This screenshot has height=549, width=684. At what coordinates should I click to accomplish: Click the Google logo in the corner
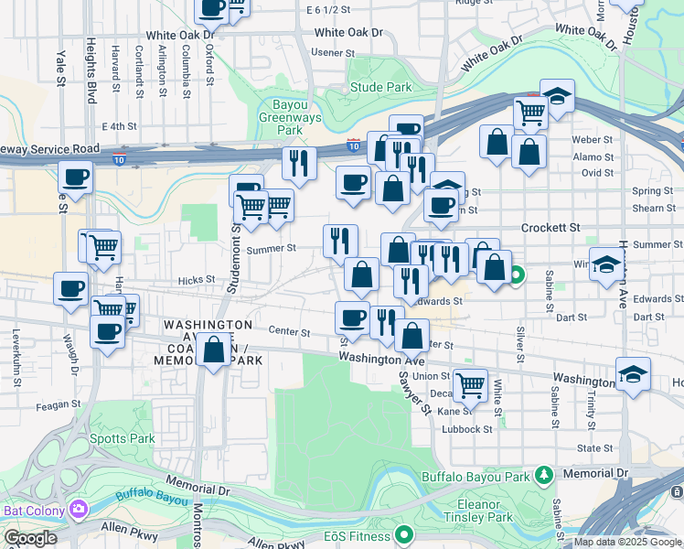[x=30, y=538]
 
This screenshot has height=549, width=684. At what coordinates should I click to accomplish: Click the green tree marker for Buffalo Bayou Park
[x=544, y=475]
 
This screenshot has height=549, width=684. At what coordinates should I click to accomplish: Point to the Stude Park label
[x=381, y=88]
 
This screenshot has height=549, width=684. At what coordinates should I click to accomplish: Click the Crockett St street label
[x=551, y=227]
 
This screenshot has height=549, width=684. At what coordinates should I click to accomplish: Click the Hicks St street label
[x=197, y=279]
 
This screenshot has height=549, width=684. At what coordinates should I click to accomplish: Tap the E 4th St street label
[x=120, y=126]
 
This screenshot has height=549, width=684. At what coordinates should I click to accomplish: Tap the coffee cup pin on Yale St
[x=76, y=177]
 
